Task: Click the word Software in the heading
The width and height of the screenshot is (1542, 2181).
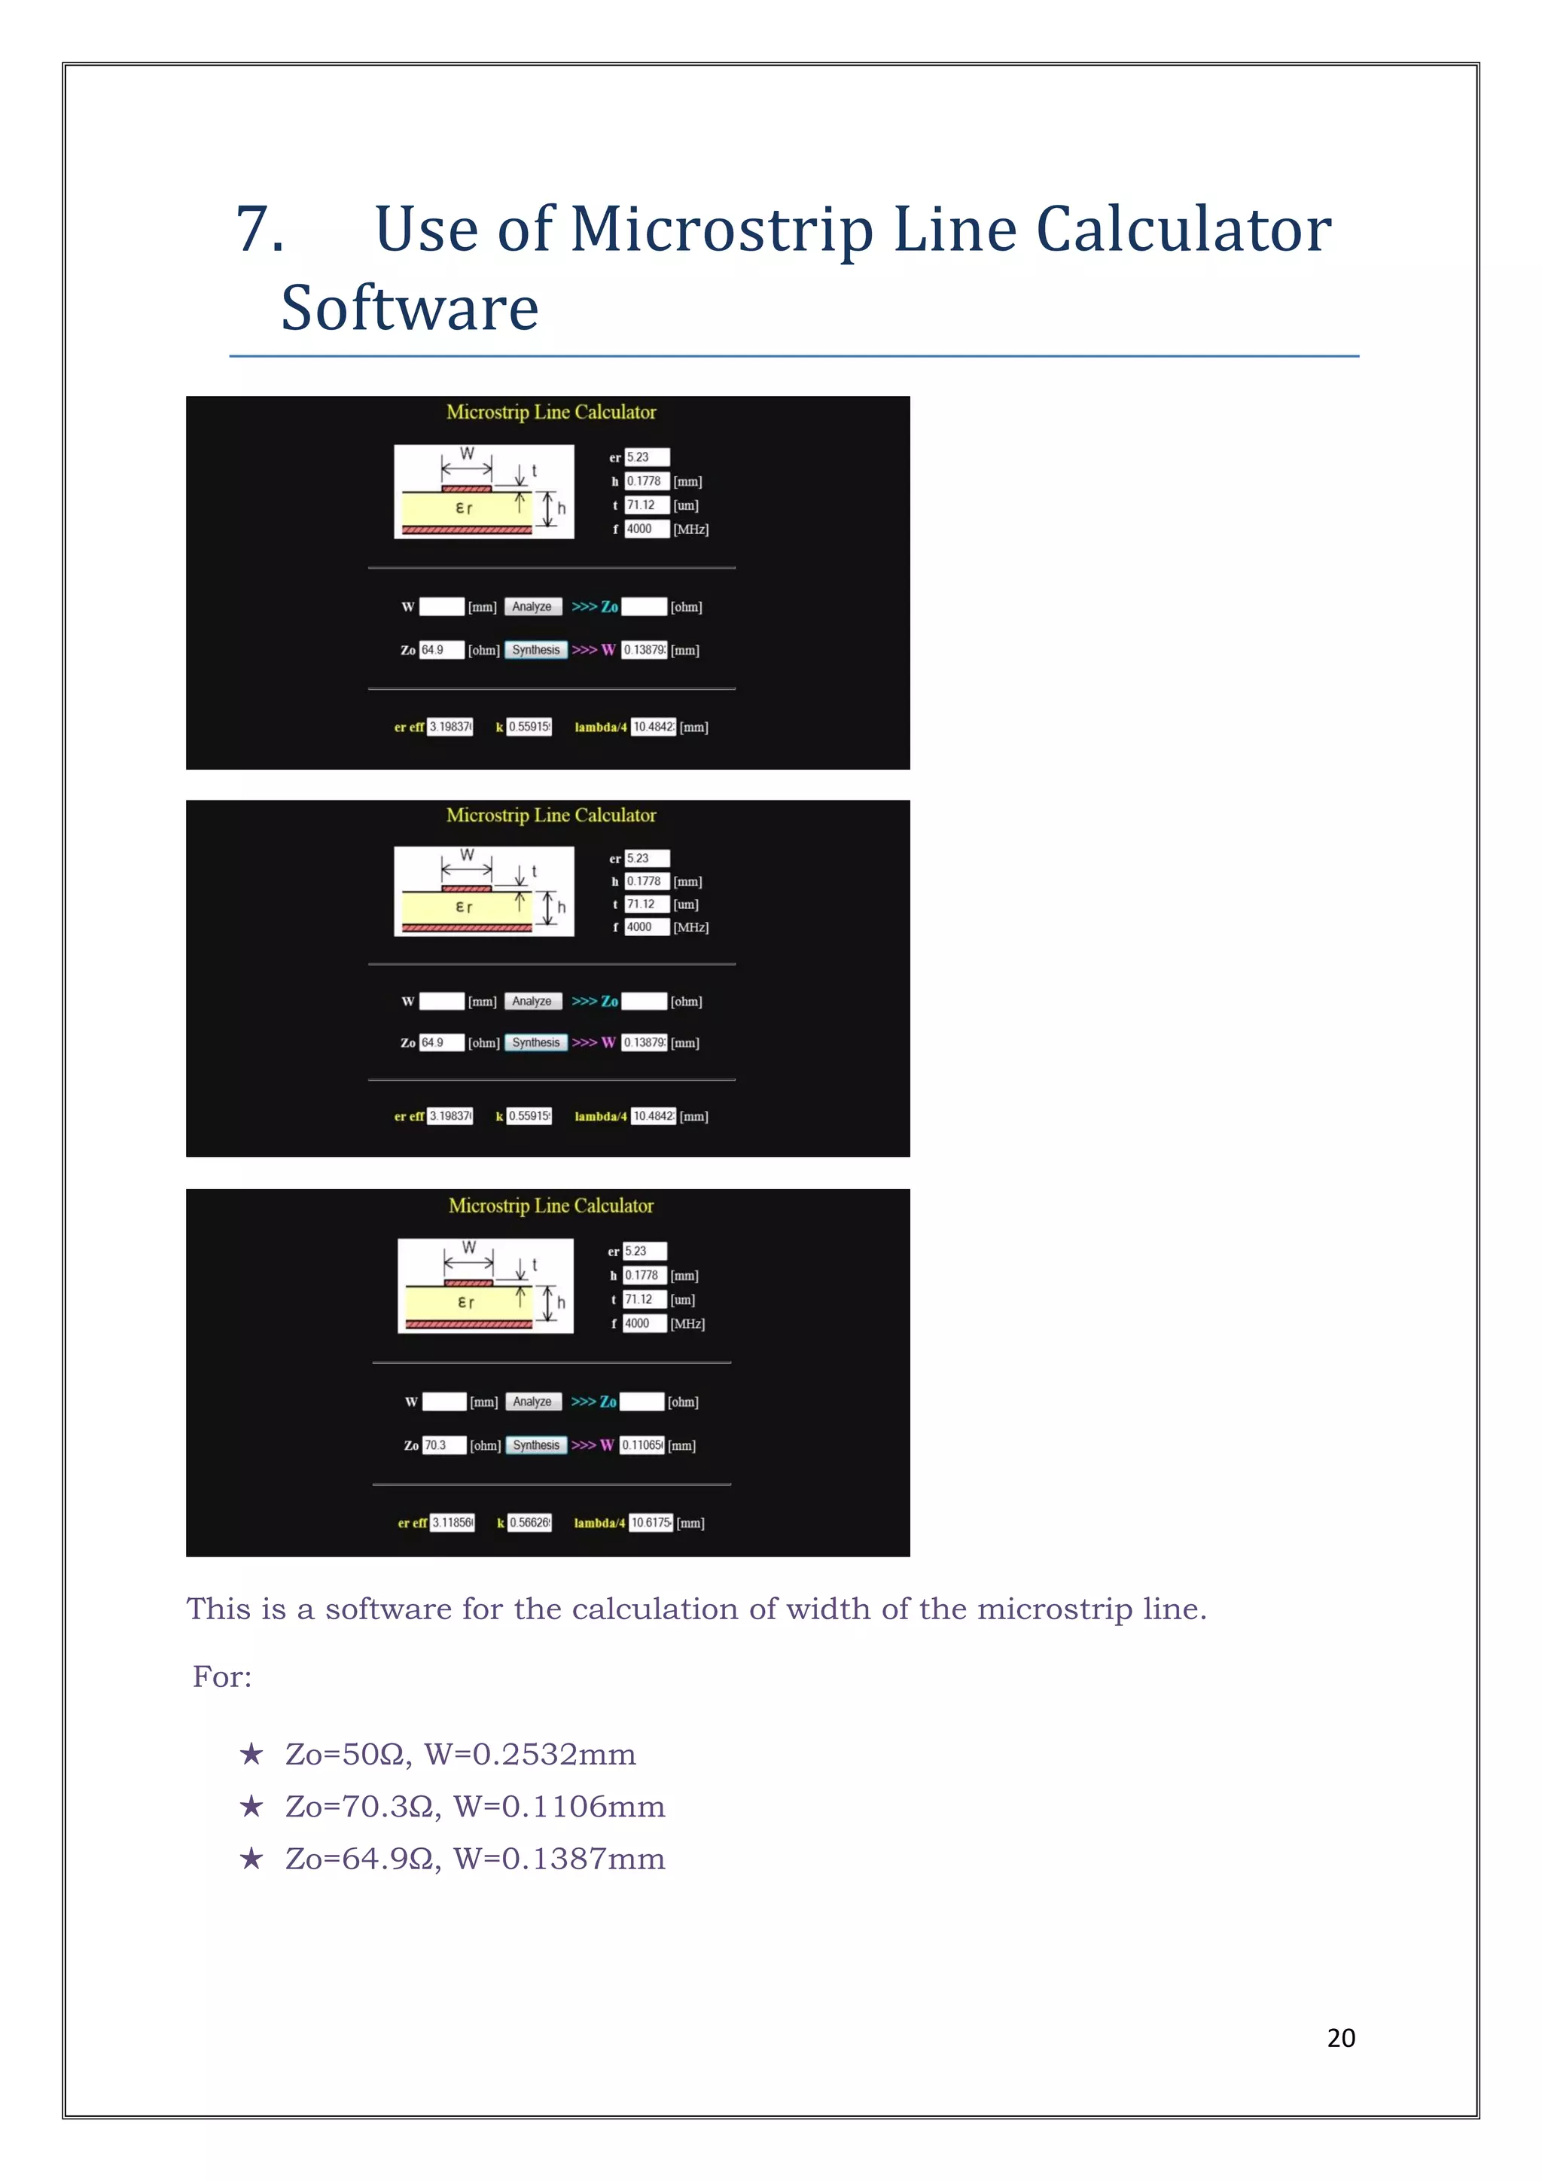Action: point(410,309)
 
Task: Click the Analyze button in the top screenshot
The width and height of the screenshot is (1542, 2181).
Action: point(532,607)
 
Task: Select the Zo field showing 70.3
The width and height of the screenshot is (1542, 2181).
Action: point(443,1444)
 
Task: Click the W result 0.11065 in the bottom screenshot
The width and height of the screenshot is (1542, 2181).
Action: point(641,1444)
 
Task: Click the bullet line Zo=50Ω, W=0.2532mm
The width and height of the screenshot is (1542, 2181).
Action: point(461,1753)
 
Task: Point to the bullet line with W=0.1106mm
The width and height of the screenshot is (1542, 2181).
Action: point(475,1806)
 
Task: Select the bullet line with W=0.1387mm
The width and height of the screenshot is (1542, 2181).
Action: point(475,1858)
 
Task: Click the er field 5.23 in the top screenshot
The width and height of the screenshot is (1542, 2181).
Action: point(646,457)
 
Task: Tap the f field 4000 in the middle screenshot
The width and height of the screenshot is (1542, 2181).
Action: point(646,927)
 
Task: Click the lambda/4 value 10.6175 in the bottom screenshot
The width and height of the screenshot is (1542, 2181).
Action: point(651,1523)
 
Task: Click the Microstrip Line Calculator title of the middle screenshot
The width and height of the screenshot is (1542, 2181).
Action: point(550,815)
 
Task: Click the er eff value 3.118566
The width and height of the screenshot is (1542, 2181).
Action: point(452,1523)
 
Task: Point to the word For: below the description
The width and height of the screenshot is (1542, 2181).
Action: point(222,1676)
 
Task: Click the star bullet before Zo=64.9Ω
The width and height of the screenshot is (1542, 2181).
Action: point(251,1858)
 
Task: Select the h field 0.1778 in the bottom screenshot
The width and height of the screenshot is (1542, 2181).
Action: point(643,1275)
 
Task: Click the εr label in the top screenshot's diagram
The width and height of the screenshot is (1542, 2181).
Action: point(463,508)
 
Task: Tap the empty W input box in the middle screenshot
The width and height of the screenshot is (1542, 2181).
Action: point(441,1001)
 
